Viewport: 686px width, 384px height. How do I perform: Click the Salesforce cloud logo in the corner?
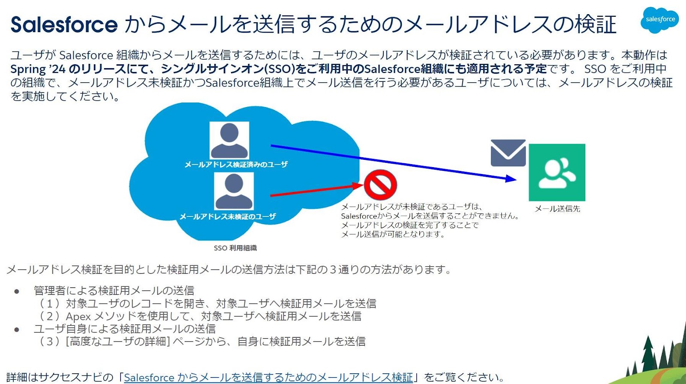659,20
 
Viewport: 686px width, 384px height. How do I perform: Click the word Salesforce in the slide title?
64,24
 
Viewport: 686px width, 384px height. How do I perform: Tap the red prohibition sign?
380,185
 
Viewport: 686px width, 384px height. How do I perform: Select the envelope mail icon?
508,153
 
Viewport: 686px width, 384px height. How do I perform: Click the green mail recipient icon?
557,172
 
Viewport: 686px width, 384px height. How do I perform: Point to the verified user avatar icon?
229,141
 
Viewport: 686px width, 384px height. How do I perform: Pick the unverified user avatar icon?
234,191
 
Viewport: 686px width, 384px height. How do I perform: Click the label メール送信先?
557,209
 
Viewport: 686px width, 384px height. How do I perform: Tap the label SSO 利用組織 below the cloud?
235,248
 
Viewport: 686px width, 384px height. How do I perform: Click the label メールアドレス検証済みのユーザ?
236,165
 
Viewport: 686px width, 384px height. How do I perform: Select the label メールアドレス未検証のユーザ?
228,217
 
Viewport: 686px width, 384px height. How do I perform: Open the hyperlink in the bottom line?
268,377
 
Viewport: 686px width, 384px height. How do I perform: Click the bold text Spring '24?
38,69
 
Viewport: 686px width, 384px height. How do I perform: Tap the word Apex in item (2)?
78,316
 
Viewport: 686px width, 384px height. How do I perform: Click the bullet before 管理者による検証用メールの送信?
17,291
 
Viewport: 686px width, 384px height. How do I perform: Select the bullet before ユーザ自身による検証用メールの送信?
17,330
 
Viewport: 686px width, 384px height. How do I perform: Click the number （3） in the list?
49,342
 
